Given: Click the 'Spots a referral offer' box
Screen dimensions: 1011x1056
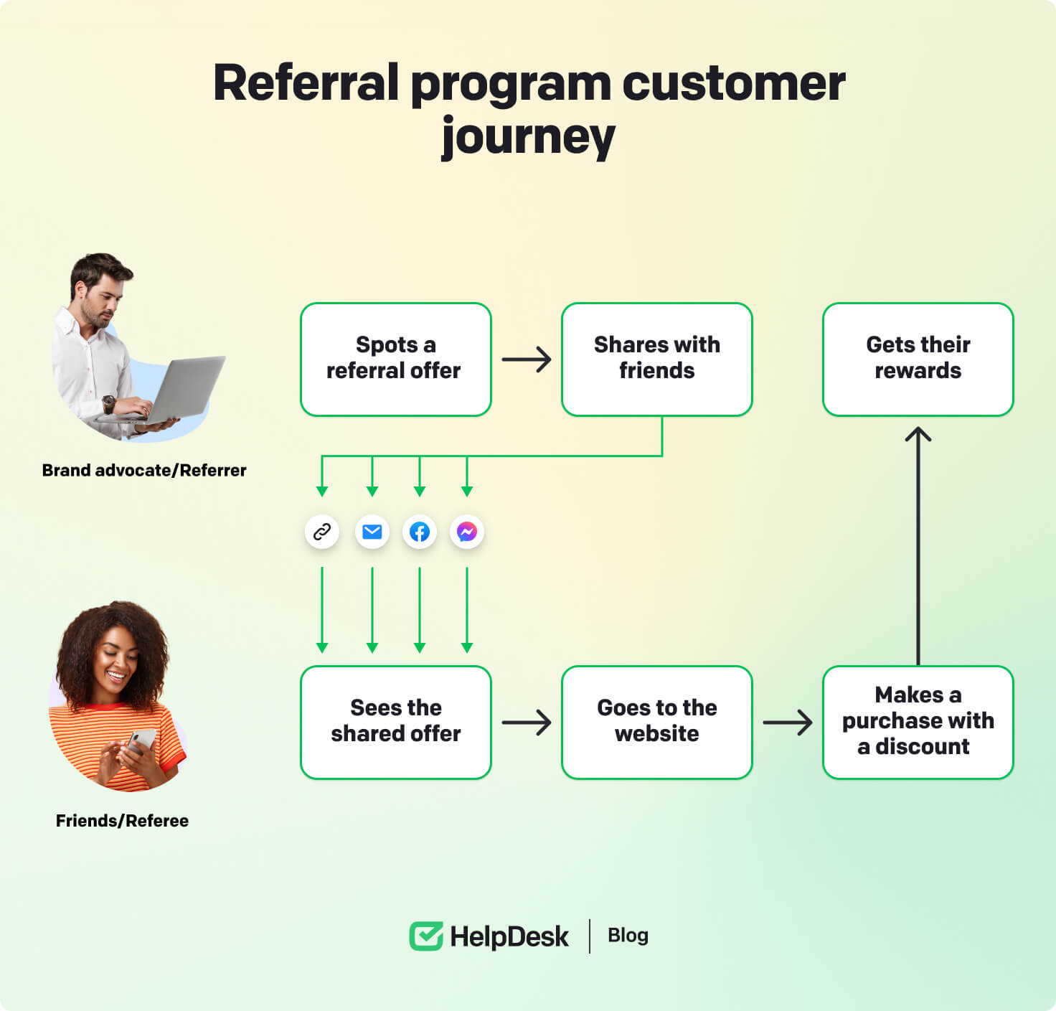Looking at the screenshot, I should point(395,359).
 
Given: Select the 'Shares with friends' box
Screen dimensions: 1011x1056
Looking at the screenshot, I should point(656,359).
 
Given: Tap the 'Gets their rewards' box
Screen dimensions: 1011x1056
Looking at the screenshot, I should point(918,359).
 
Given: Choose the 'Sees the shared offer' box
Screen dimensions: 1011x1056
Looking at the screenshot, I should point(395,722).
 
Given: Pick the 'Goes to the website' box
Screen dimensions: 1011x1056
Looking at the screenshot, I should point(656,722).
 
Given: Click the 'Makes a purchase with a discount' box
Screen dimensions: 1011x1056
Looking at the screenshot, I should point(918,722).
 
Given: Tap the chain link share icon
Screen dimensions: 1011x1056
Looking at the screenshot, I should point(322,532).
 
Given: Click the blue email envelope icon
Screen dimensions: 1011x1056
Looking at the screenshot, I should point(372,532).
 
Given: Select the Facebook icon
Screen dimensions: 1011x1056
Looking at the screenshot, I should point(420,532).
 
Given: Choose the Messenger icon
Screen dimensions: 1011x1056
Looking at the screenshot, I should point(467,532).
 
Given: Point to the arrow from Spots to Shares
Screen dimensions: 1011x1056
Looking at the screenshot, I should point(527,359).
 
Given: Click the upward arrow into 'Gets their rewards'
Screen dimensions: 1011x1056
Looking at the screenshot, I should point(918,545).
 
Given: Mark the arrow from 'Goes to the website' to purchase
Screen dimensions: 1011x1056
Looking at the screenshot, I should point(787,723).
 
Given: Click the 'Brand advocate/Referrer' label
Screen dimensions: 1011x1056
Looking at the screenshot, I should point(144,471).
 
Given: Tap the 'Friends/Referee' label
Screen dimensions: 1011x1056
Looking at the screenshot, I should point(122,821).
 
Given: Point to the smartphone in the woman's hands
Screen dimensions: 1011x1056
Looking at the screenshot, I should point(142,740).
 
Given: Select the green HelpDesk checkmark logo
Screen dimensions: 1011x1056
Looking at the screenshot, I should point(426,936).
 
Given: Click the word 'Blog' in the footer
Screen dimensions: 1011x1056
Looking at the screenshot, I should point(628,936).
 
